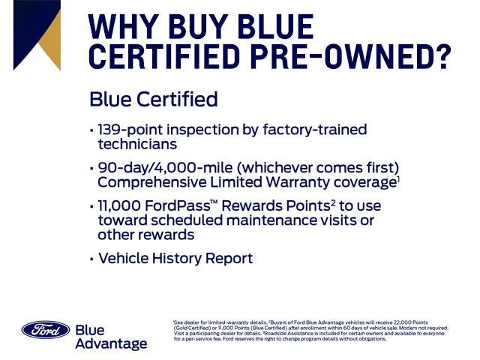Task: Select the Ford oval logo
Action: pos(46,330)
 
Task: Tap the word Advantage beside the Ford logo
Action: pos(111,343)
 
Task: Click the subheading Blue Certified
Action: pos(153,100)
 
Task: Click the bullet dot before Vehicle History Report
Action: pos(91,259)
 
